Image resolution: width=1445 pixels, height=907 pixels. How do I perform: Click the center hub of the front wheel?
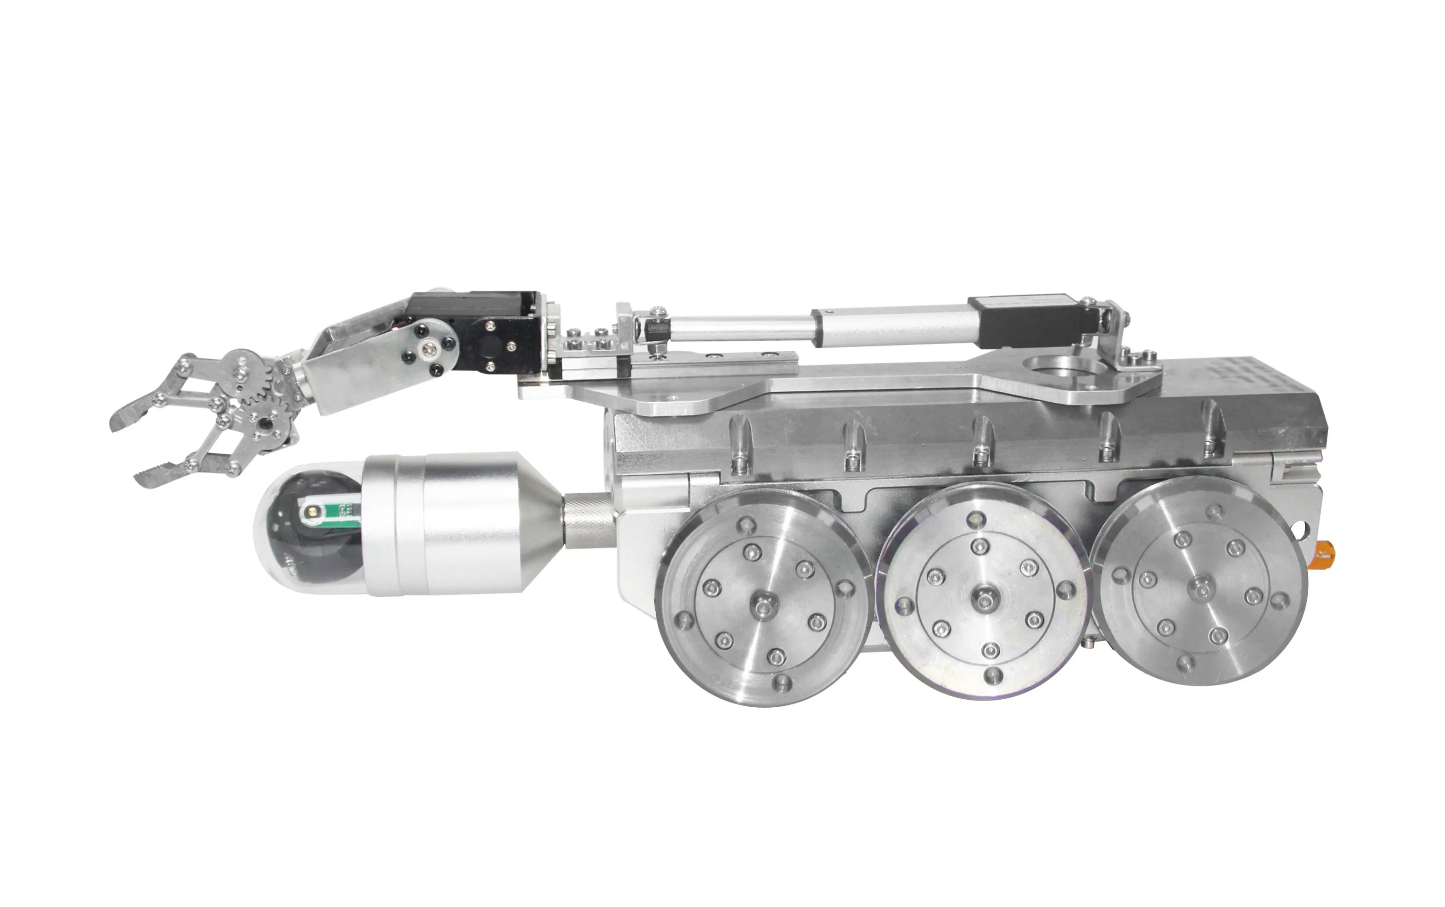coord(763,608)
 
